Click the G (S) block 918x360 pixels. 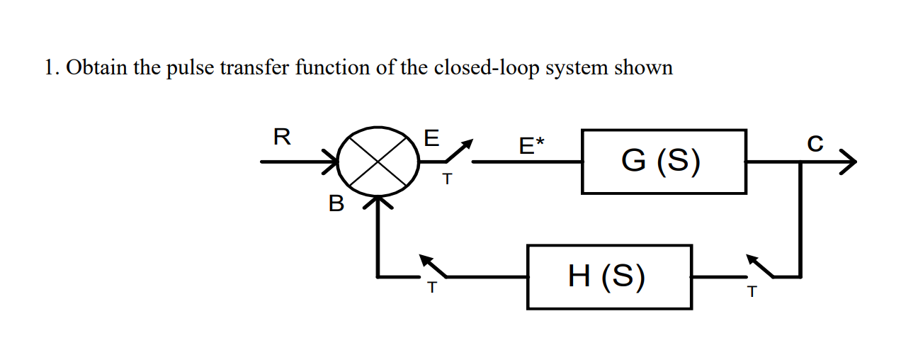(664, 162)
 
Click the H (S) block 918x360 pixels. (609, 276)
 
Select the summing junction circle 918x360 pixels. (376, 162)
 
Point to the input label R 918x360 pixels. (280, 137)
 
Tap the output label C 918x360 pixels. (815, 143)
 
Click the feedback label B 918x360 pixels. (336, 205)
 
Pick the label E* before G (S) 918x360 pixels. (531, 146)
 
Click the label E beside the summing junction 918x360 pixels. (430, 138)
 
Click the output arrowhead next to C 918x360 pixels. (848, 162)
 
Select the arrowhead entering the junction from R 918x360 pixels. (331, 162)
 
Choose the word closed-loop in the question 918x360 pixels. (487, 68)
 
